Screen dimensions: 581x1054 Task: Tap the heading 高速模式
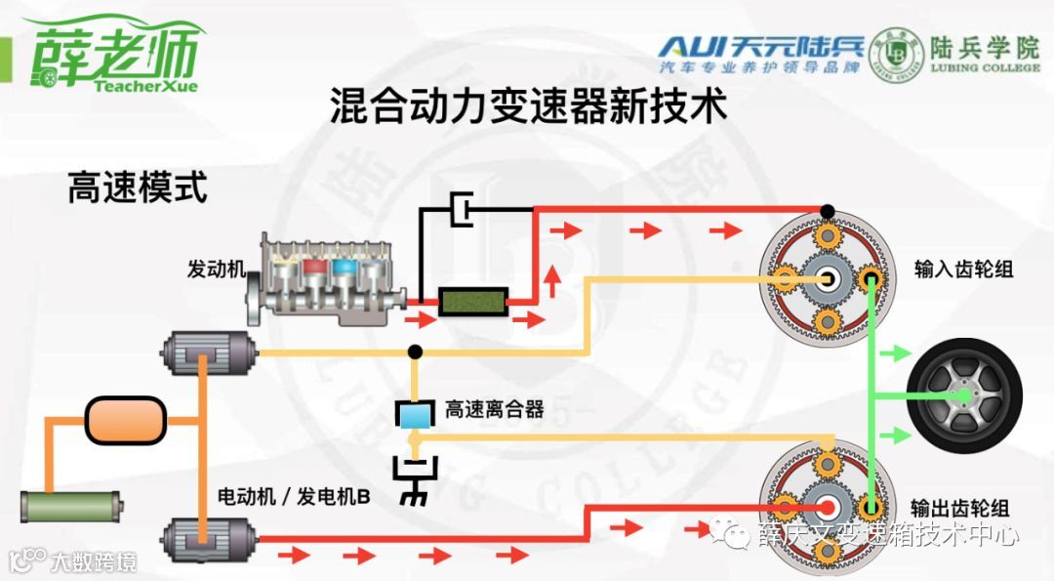tap(137, 187)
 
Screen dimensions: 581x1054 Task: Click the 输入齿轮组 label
tap(963, 269)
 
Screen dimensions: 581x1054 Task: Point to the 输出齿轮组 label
tap(959, 508)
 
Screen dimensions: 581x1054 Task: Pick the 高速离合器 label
tap(494, 410)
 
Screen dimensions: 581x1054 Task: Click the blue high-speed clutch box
tap(415, 415)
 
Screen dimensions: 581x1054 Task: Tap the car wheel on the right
tap(964, 394)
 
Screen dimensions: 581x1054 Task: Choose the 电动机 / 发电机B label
tap(293, 497)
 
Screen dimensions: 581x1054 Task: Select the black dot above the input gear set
tap(828, 211)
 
